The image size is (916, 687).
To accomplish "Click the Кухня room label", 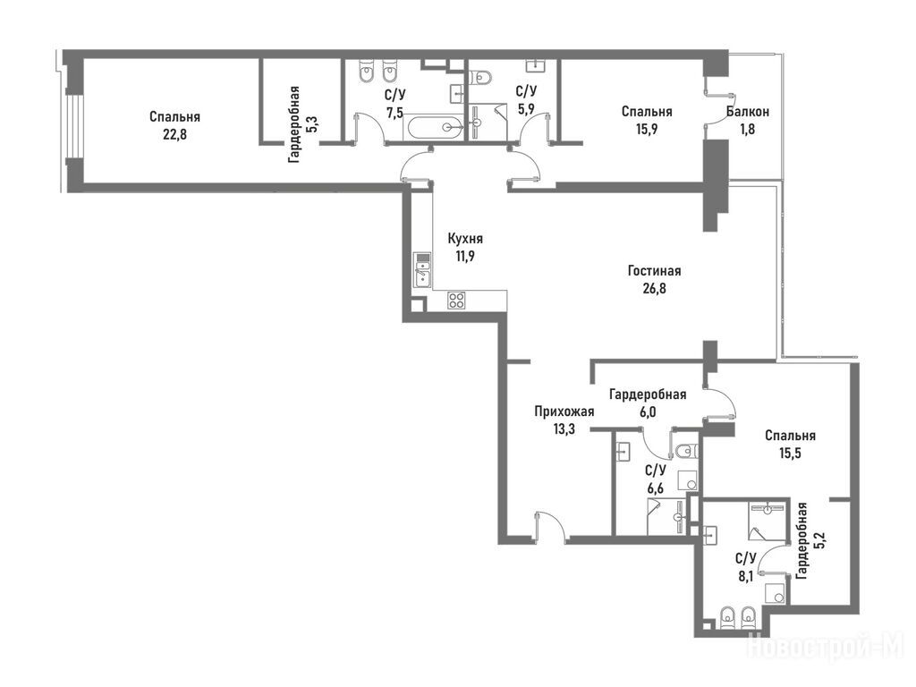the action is [x=465, y=239].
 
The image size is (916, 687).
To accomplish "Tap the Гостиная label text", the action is [x=654, y=271].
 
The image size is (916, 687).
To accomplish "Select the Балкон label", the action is [x=748, y=112].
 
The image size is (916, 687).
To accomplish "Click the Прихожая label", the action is [x=564, y=411].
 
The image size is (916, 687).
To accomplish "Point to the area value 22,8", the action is [x=174, y=134].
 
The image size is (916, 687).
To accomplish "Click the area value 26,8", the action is [x=654, y=289].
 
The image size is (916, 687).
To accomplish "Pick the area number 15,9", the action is [x=647, y=129].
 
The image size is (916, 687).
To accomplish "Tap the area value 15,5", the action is [x=790, y=454].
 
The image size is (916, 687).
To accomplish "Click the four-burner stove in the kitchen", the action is [x=456, y=301].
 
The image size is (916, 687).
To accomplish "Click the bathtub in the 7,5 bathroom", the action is [x=433, y=127].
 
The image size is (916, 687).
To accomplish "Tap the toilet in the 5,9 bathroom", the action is [x=481, y=77].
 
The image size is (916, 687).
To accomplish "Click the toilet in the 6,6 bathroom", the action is [x=686, y=451].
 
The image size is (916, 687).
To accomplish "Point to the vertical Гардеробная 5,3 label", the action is [x=301, y=124].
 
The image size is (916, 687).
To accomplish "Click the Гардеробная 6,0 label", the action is [x=648, y=403].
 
